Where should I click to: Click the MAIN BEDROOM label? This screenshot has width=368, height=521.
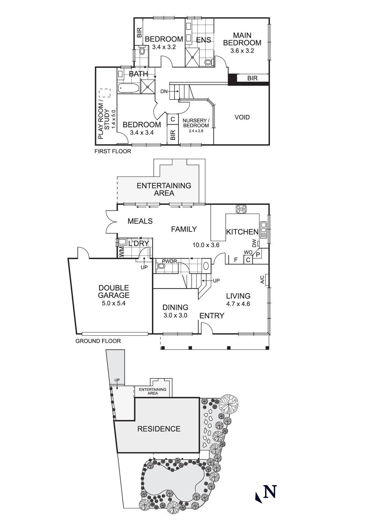[242, 39]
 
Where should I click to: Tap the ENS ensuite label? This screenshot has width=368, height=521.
[204, 40]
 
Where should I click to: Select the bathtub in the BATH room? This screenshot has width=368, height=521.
[128, 88]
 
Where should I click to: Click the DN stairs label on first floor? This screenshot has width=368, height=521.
[164, 91]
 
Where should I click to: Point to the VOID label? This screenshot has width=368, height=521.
[242, 117]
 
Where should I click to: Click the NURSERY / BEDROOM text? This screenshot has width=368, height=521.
[196, 123]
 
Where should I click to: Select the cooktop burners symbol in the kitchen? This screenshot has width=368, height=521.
[241, 209]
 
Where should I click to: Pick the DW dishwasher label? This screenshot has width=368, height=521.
[254, 244]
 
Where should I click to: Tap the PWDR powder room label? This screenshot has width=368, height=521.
[169, 261]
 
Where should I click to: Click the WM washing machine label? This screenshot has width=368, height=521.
[121, 252]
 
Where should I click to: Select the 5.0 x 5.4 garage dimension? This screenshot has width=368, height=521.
[114, 304]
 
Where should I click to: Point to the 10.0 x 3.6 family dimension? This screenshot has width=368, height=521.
[206, 245]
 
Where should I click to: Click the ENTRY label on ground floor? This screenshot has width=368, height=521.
[212, 315]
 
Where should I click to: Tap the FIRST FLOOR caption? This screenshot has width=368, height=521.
[113, 151]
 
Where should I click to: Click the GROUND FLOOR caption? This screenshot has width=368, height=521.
[98, 341]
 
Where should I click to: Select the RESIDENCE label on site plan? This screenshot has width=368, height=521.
[159, 429]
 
